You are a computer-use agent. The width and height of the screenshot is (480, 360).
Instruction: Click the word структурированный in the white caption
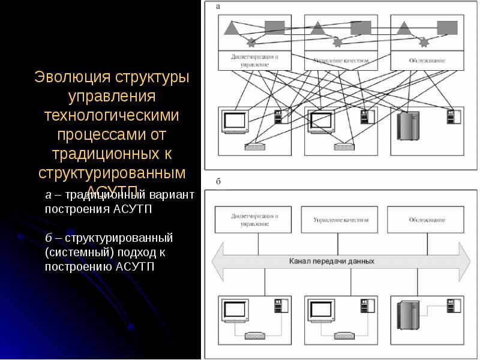click(118, 238)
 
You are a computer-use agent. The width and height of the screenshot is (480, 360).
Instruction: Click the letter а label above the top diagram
click(218, 6)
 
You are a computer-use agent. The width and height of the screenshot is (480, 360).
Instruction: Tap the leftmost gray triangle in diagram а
click(232, 27)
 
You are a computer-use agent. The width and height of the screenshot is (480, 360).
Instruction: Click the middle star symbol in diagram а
click(337, 43)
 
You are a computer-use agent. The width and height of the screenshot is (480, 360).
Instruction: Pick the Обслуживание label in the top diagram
click(427, 61)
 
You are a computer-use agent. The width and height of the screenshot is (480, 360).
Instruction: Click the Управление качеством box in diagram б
click(340, 220)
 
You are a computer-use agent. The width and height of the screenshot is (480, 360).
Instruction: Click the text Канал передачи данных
click(331, 262)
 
